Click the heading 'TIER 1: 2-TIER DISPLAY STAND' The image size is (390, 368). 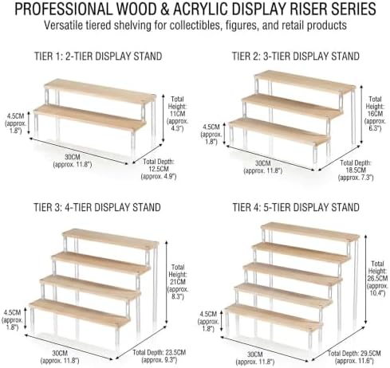[x=98, y=57]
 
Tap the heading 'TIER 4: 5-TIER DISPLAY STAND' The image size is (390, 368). [x=296, y=207]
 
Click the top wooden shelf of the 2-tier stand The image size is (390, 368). [x=100, y=91]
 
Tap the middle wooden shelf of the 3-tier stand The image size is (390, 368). [x=292, y=106]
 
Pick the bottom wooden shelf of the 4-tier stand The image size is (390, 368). [x=80, y=313]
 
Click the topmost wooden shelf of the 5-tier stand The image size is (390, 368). [x=310, y=232]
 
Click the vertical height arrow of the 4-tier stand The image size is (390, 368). [x=167, y=282]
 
